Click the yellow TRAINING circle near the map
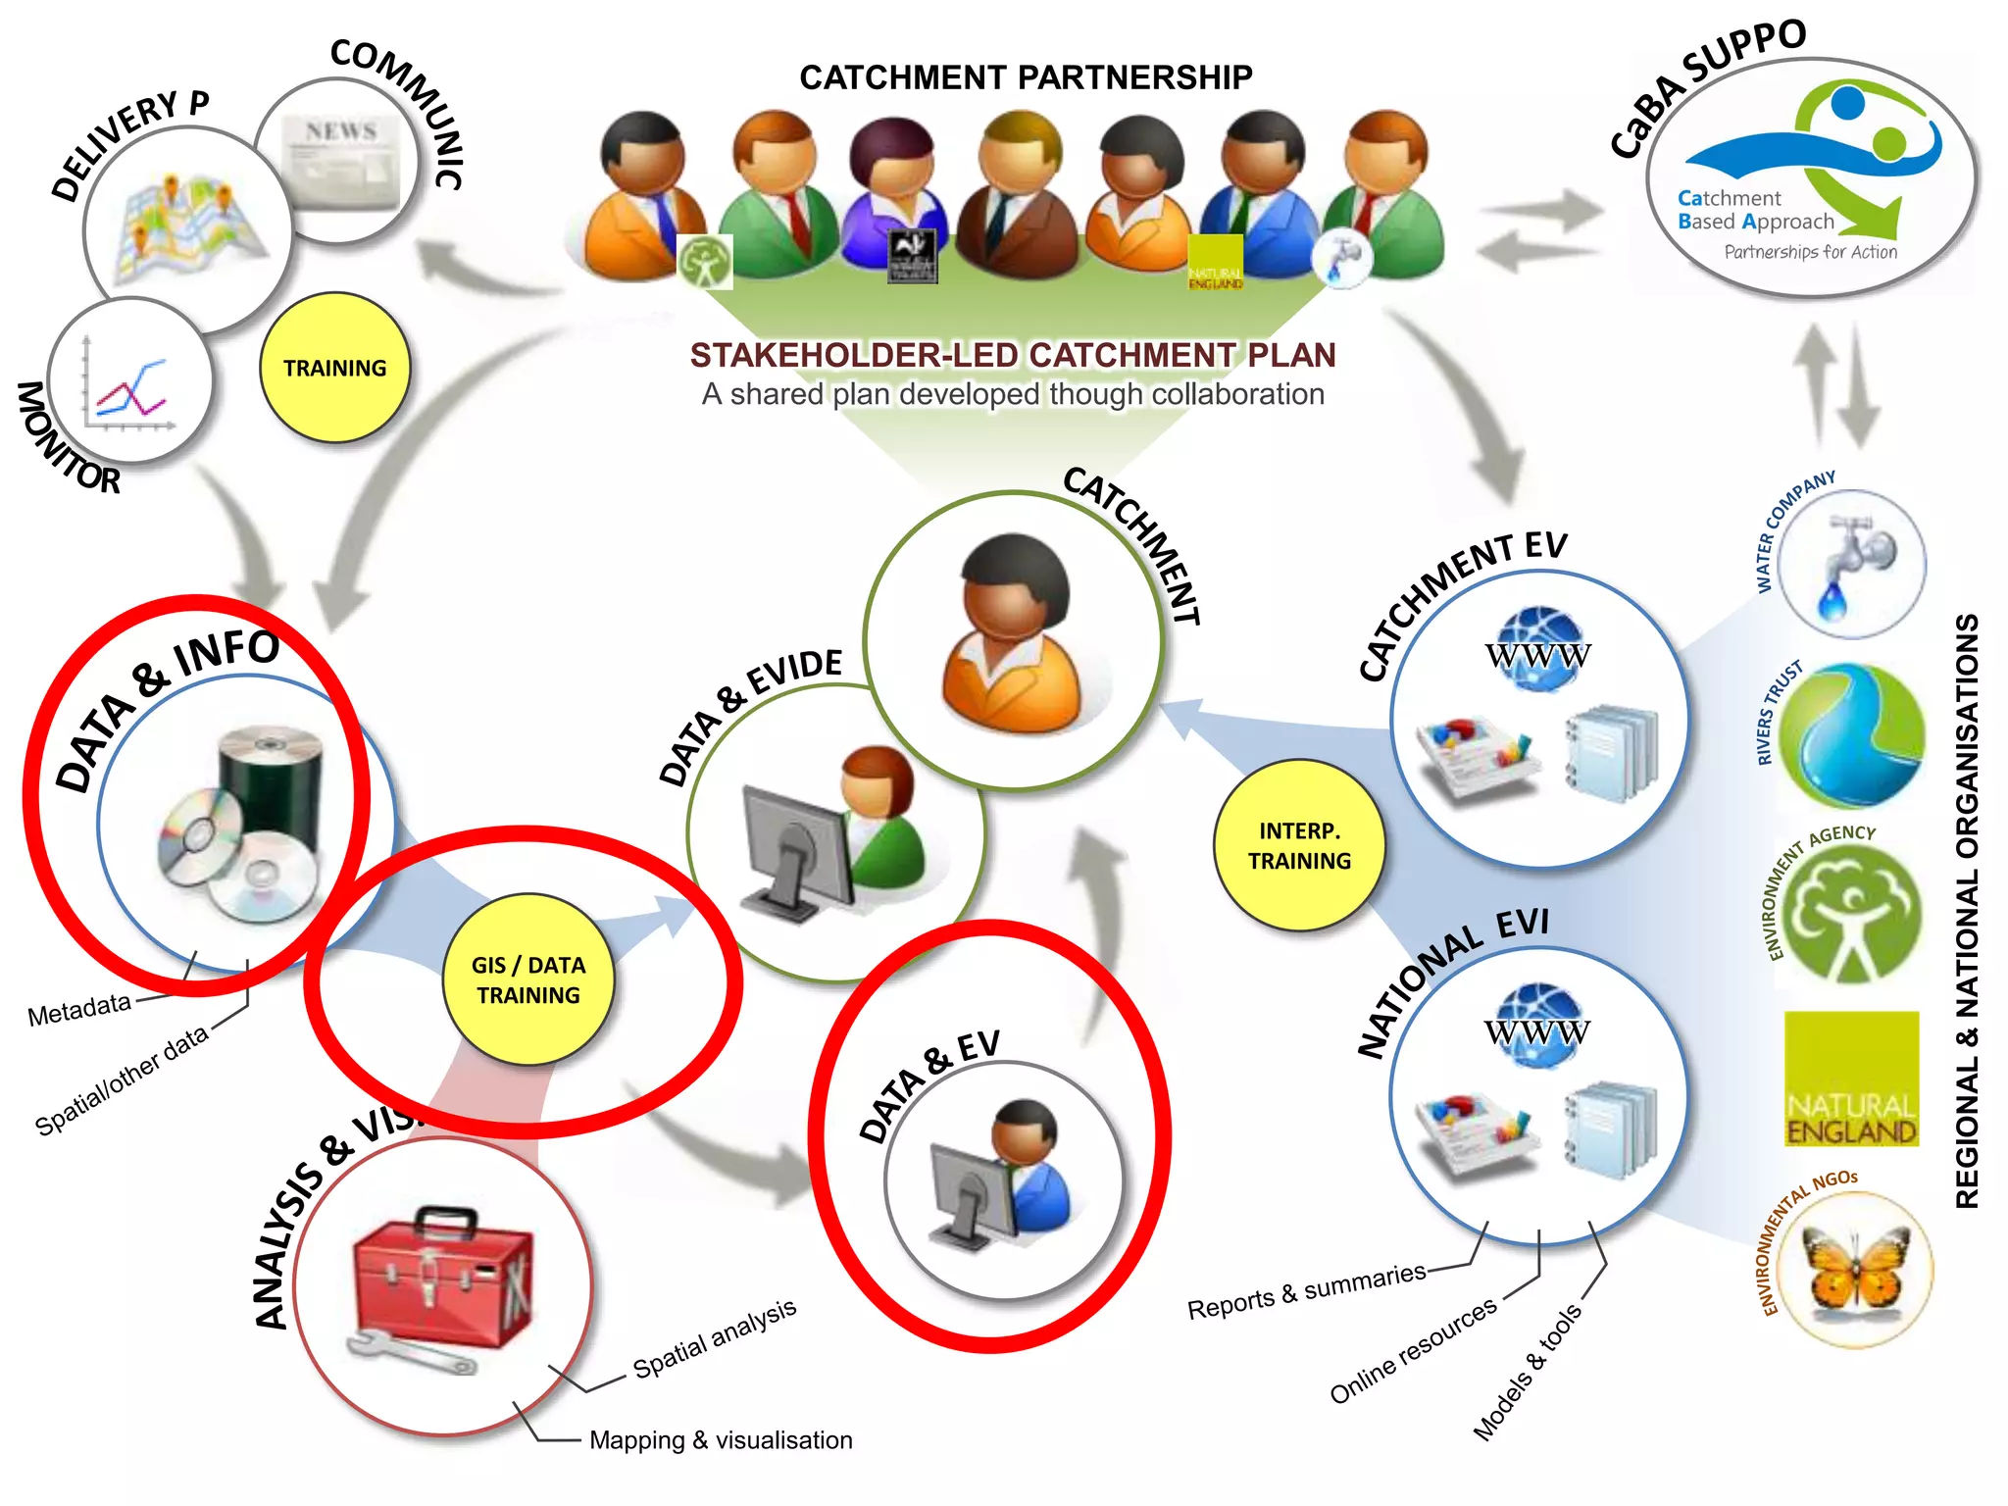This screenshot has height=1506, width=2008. click(334, 368)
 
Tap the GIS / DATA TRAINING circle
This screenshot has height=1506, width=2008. click(527, 979)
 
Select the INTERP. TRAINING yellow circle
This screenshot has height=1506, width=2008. click(1298, 845)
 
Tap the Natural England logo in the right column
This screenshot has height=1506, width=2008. click(1851, 1079)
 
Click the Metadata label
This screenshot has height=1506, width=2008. click(78, 1009)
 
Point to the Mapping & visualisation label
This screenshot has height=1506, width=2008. click(721, 1439)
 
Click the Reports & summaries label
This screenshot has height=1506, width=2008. click(1306, 1290)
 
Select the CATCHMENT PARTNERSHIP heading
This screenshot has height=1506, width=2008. click(1026, 76)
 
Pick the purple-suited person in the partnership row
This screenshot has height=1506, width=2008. click(894, 196)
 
